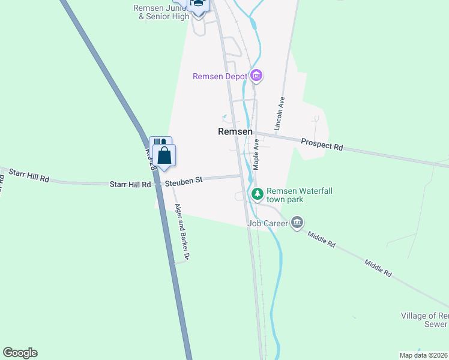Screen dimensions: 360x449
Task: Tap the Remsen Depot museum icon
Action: click(257, 76)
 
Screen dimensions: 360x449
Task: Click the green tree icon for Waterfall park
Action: click(257, 194)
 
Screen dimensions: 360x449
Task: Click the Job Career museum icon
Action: click(297, 223)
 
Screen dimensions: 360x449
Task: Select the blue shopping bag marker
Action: click(164, 155)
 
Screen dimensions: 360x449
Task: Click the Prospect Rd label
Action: click(322, 144)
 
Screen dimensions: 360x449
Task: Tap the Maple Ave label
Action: click(256, 155)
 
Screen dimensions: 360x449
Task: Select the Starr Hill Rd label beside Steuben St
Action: click(130, 184)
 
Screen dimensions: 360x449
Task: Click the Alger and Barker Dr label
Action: click(182, 232)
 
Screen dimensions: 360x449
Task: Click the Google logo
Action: click(20, 353)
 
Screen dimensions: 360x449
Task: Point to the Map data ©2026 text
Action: click(423, 355)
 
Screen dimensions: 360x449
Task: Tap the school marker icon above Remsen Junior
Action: click(197, 4)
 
